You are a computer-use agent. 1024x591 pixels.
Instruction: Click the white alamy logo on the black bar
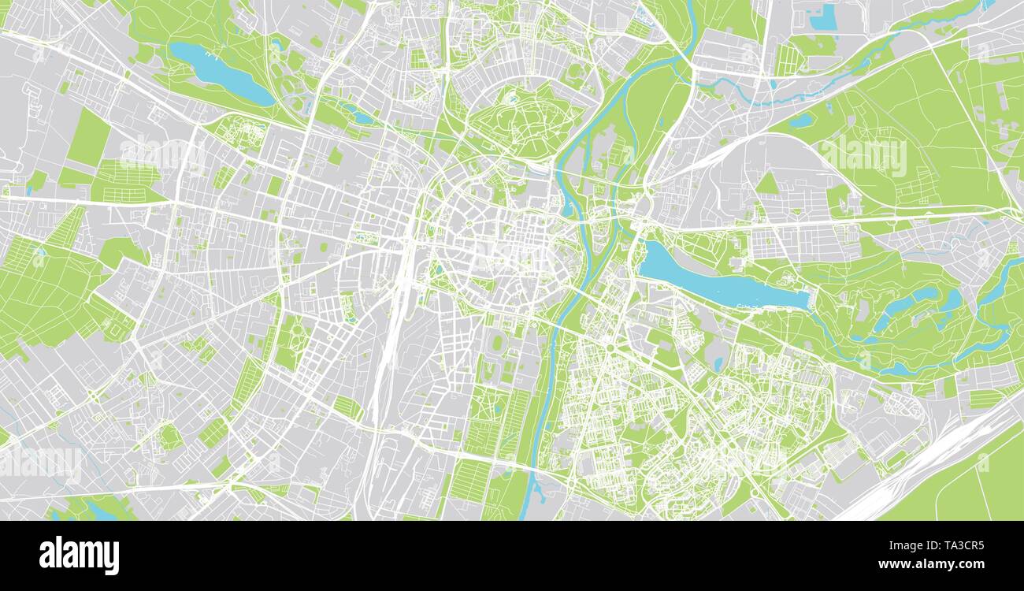coord(79,555)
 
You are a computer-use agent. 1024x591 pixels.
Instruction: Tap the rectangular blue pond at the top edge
coord(822,17)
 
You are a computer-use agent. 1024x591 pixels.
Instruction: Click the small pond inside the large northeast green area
coord(800,121)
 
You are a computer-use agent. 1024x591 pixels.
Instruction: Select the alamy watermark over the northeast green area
coord(863,156)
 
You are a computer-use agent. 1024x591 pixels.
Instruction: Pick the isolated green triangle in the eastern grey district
coord(766,184)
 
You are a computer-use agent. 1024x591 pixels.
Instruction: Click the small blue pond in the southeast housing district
coord(718,363)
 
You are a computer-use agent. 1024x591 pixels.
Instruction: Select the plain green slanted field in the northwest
coord(89,137)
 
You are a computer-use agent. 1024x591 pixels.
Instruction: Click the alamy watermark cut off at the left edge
coord(39,465)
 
